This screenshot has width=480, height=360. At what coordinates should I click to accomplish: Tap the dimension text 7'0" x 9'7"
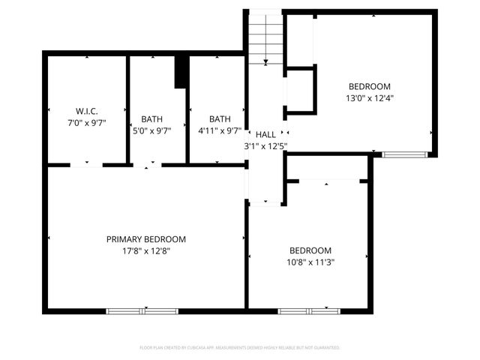86,123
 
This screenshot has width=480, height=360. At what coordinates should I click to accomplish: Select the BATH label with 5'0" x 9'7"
152,118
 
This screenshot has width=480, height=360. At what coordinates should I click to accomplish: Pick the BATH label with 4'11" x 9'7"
220,118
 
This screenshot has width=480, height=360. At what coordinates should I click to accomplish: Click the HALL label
265,134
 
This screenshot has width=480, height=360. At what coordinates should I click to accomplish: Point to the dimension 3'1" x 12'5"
265,146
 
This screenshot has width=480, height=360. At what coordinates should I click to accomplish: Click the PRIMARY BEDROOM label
145,239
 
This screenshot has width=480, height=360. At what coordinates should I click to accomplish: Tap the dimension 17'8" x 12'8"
145,251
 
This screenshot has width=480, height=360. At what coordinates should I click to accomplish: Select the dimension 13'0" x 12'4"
370,97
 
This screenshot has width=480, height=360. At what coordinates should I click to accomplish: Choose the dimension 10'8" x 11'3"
310,262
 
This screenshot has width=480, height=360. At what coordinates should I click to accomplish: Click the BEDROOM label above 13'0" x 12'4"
370,85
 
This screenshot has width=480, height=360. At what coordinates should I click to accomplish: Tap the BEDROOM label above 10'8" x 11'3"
310,250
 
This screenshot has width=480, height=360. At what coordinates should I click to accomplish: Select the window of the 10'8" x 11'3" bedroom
308,310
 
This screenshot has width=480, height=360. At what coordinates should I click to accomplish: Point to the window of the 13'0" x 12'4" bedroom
405,154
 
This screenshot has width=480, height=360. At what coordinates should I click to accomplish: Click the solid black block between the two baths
181,71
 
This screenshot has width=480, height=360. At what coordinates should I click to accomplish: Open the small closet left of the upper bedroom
300,90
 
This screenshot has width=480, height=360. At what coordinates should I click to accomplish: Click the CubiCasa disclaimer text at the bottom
240,348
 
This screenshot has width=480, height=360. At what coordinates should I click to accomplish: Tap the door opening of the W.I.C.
87,164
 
